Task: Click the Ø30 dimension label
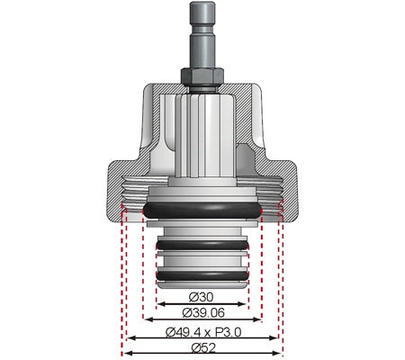202,296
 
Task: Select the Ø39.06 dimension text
202,312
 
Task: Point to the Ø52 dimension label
202,346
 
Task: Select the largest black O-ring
202,209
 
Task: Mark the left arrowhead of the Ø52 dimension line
125,352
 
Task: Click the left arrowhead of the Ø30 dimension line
159,303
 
